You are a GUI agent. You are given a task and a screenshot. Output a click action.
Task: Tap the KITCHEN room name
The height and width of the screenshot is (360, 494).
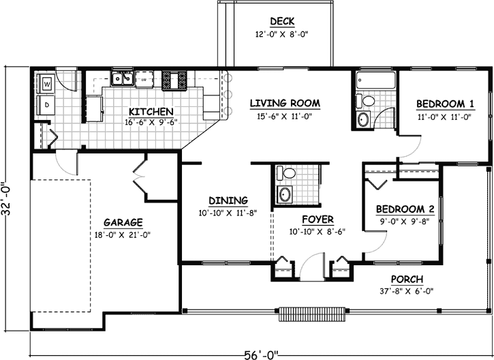(x=151, y=112)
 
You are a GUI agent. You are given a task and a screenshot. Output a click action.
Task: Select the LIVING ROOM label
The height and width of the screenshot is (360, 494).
(x=285, y=104)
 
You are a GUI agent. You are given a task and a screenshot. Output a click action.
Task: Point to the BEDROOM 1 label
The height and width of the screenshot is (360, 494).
(x=445, y=104)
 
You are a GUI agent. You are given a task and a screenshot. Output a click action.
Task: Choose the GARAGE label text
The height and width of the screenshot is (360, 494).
(x=123, y=222)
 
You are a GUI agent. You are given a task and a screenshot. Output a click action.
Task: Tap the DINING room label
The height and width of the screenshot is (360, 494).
(x=228, y=200)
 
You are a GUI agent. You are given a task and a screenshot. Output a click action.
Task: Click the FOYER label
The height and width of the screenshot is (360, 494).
(x=318, y=220)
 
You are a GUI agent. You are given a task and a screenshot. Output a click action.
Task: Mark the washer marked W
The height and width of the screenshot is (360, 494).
(x=48, y=84)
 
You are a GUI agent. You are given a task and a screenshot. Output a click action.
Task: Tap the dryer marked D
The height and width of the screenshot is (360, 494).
(x=47, y=104)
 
